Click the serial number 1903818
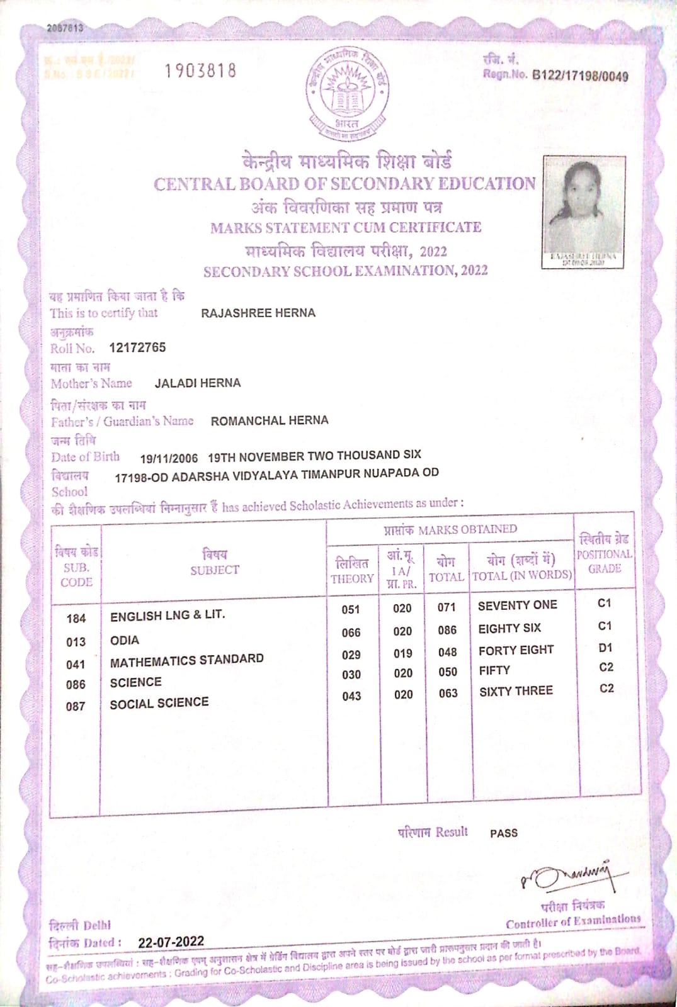coord(200,70)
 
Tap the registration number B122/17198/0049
coord(580,76)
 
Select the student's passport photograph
coord(584,211)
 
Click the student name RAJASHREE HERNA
coord(258,313)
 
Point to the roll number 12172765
coord(137,347)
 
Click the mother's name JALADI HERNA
coord(198,383)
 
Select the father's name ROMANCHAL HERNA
coord(270,420)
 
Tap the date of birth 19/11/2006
coord(169,459)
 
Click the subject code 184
coord(76,619)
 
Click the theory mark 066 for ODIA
coord(351,633)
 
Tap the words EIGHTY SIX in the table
coord(509,628)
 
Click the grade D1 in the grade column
coord(605,648)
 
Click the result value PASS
coord(503,833)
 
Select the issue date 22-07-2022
coord(171,942)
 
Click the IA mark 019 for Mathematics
coord(402,653)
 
